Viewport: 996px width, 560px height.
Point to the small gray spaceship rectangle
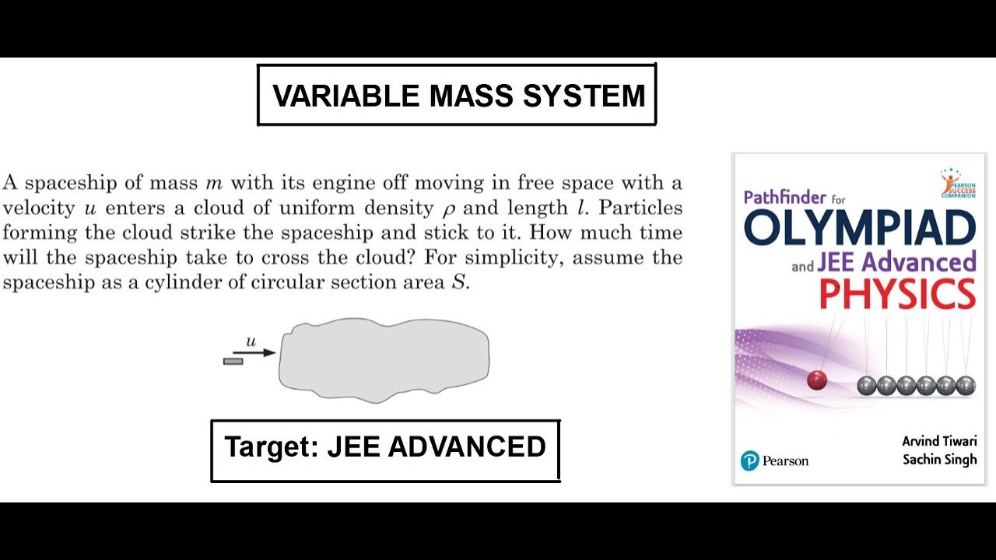click(233, 361)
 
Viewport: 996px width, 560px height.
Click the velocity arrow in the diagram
click(254, 352)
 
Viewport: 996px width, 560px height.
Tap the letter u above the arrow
click(251, 341)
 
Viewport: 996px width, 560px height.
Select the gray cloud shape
click(384, 359)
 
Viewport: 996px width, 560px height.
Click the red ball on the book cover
click(816, 380)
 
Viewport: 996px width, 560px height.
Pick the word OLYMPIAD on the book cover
click(860, 228)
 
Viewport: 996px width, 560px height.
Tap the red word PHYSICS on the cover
click(897, 295)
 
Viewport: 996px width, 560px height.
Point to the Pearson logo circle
click(749, 461)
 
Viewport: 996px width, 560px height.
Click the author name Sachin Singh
click(939, 460)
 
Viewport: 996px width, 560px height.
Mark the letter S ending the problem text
click(459, 282)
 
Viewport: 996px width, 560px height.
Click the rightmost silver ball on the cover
click(965, 385)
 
